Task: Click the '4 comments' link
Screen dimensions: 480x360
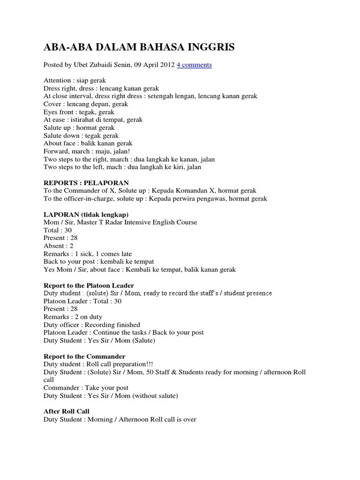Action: click(194, 65)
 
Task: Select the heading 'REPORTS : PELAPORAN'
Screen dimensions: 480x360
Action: click(86, 182)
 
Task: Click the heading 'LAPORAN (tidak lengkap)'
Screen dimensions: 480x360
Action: click(86, 214)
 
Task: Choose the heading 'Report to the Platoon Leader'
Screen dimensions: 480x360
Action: click(89, 285)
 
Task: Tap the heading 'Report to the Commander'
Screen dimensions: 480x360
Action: click(84, 356)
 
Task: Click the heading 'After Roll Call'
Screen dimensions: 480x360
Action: click(67, 411)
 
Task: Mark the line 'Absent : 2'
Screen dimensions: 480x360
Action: click(58, 246)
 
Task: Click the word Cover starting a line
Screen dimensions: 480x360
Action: click(53, 104)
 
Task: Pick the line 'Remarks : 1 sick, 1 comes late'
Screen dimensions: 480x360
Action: click(88, 254)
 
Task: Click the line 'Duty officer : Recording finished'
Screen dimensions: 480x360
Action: click(92, 324)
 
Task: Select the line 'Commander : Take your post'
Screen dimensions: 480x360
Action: click(86, 388)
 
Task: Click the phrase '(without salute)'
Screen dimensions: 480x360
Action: click(155, 396)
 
